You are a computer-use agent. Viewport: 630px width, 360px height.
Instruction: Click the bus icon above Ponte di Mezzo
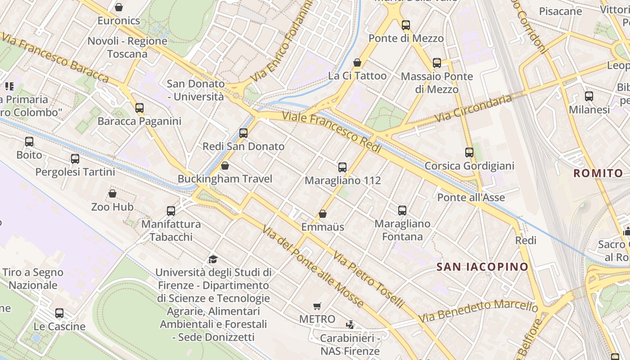pyautogui.click(x=406, y=25)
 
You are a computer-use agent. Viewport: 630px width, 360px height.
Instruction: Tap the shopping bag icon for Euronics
pyautogui.click(x=119, y=7)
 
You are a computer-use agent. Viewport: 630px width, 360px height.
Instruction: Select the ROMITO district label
pyautogui.click(x=598, y=173)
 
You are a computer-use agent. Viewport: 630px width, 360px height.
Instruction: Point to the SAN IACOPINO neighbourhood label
pyautogui.click(x=482, y=267)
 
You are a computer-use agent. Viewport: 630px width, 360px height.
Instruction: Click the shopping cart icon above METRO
pyautogui.click(x=317, y=306)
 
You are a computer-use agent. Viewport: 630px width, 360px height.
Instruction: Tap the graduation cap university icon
pyautogui.click(x=213, y=259)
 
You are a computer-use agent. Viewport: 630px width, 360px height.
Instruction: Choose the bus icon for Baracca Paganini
pyautogui.click(x=139, y=108)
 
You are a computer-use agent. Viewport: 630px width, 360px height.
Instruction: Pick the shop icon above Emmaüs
pyautogui.click(x=323, y=214)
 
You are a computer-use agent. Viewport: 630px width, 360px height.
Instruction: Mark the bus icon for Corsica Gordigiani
pyautogui.click(x=469, y=153)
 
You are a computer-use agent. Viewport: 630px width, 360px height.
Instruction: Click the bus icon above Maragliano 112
pyautogui.click(x=342, y=167)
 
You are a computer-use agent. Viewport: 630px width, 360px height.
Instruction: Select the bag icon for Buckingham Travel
pyautogui.click(x=225, y=166)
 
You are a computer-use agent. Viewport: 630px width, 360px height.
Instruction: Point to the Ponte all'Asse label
pyautogui.click(x=471, y=198)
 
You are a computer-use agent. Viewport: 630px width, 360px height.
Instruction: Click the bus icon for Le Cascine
pyautogui.click(x=59, y=313)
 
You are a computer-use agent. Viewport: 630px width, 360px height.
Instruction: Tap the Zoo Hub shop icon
pyautogui.click(x=112, y=193)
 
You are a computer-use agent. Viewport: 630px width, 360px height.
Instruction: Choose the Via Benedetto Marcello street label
pyautogui.click(x=478, y=311)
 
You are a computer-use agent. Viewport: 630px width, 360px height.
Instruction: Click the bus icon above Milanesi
pyautogui.click(x=589, y=96)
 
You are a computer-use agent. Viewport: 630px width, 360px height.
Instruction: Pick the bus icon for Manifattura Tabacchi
pyautogui.click(x=171, y=211)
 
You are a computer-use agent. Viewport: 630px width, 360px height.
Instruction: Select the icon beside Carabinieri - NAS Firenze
pyautogui.click(x=350, y=324)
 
